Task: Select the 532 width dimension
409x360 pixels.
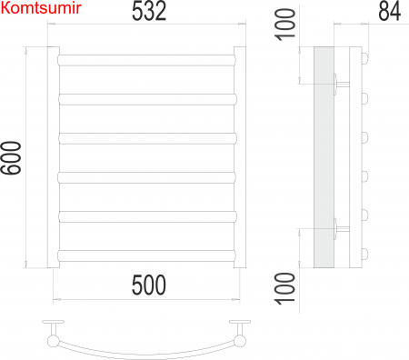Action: coord(148,14)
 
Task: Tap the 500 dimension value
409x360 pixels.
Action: coord(148,285)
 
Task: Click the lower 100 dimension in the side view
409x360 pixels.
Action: coord(286,290)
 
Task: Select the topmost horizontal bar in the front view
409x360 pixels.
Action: coord(147,60)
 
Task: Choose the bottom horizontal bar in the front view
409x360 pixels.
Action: coord(147,254)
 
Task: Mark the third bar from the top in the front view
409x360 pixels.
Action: coord(147,138)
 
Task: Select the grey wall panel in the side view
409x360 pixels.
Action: coord(324,157)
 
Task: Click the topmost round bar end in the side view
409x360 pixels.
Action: coord(365,60)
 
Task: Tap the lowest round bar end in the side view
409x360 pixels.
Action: coord(365,254)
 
